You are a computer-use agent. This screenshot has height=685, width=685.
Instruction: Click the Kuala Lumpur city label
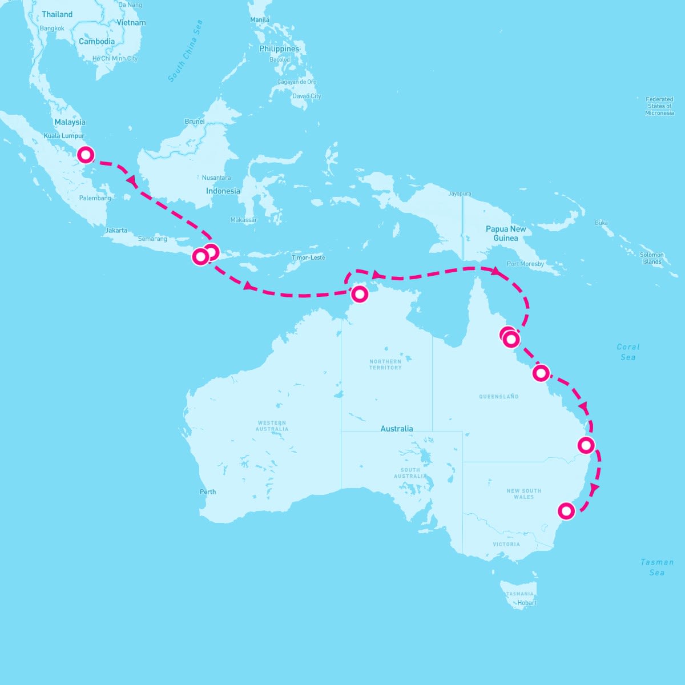(x=64, y=136)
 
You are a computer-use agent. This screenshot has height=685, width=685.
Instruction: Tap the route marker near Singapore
(x=86, y=155)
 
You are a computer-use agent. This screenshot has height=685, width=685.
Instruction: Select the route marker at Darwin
(x=360, y=294)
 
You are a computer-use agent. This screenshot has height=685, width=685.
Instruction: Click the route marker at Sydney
(x=566, y=510)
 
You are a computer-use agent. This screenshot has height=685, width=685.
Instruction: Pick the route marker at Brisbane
(x=586, y=445)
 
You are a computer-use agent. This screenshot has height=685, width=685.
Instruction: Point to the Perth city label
(x=208, y=491)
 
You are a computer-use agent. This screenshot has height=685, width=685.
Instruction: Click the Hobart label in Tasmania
(x=527, y=602)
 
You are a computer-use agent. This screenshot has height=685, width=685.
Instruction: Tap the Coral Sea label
(x=628, y=352)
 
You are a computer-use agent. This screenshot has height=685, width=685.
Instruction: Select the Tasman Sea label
(x=656, y=567)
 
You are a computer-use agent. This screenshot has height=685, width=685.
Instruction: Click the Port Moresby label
(x=525, y=264)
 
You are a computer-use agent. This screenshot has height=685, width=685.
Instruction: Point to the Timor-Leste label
(x=308, y=257)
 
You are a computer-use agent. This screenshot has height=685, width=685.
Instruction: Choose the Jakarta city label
(x=116, y=231)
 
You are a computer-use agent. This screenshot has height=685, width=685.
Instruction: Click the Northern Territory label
(x=385, y=364)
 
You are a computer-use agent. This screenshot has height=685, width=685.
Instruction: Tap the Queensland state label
(x=499, y=396)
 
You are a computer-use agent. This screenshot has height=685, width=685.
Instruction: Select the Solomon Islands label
(x=651, y=258)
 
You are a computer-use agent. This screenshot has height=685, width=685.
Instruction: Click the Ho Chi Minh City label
(x=115, y=58)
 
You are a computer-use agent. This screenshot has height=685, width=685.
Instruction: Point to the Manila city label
(x=260, y=19)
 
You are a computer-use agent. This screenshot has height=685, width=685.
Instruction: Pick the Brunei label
(x=195, y=122)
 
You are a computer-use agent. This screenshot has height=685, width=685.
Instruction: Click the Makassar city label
(x=244, y=220)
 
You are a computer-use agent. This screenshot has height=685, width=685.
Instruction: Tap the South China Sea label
(x=186, y=51)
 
